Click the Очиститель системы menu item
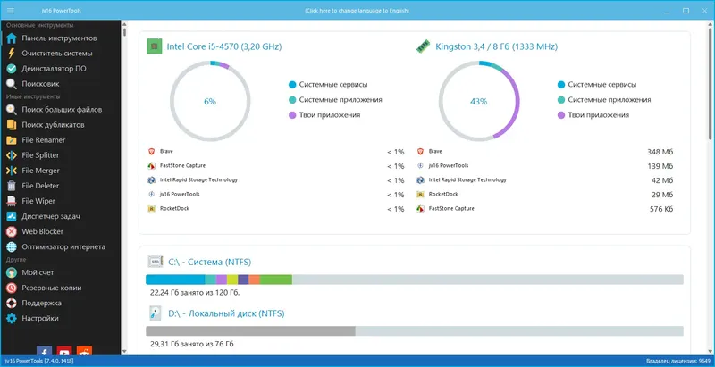pos(56,54)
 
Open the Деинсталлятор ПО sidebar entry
pos(54,68)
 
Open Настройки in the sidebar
pos(41,318)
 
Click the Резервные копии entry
pos(52,288)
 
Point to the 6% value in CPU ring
pos(210,102)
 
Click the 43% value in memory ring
pos(479,102)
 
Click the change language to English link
pos(357,11)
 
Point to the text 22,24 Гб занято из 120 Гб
pos(194,292)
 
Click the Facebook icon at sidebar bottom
pos(44,354)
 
